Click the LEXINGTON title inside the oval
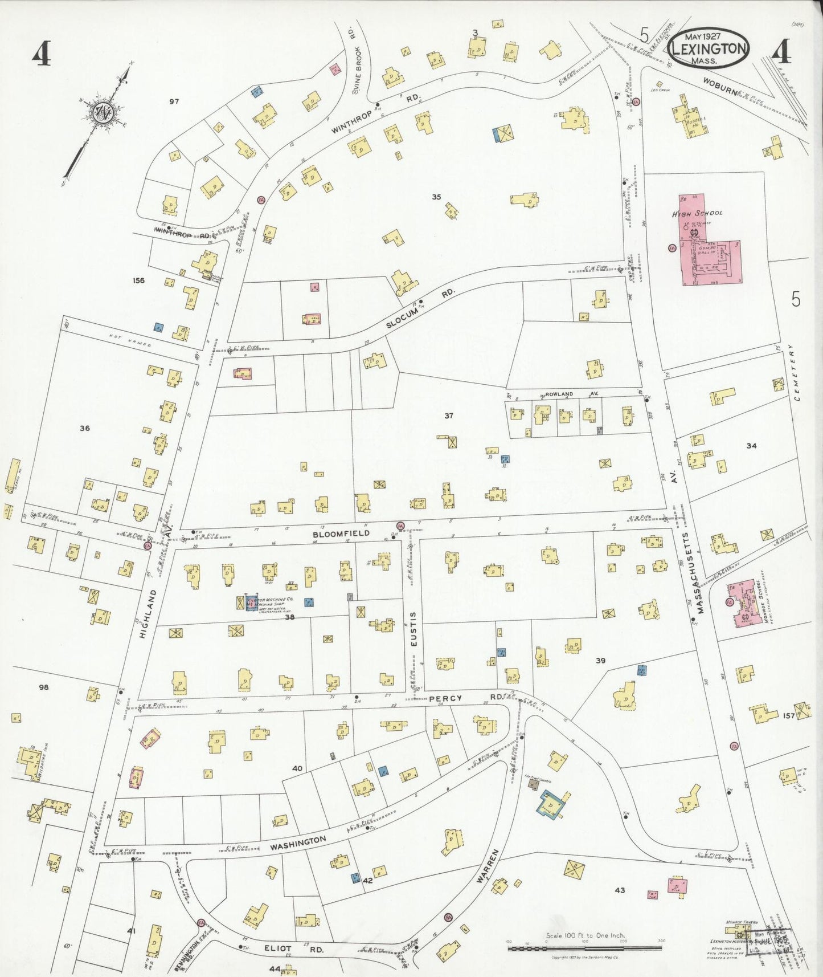[x=709, y=48]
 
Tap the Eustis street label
[x=414, y=629]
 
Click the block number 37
[x=449, y=416]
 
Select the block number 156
[x=138, y=280]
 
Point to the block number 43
[x=619, y=890]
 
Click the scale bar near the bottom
[x=585, y=948]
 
